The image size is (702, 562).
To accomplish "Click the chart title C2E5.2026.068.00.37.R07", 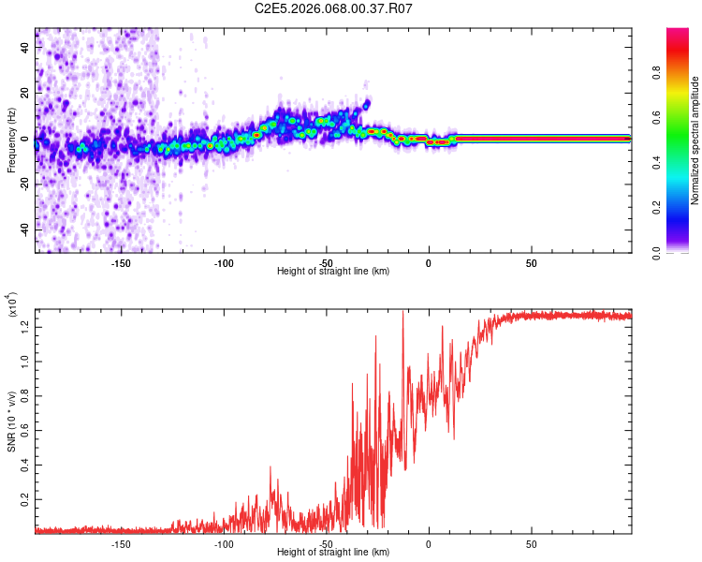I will click(334, 9).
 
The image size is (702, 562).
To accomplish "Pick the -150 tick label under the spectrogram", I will click(121, 262).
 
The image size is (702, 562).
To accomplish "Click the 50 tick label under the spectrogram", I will click(531, 262).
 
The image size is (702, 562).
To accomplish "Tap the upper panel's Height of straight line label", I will click(333, 272).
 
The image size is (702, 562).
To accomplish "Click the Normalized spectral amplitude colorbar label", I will click(695, 140).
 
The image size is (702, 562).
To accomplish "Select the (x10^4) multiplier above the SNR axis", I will click(12, 305).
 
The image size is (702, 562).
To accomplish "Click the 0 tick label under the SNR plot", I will click(429, 543).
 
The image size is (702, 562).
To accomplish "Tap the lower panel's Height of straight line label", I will click(333, 553).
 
